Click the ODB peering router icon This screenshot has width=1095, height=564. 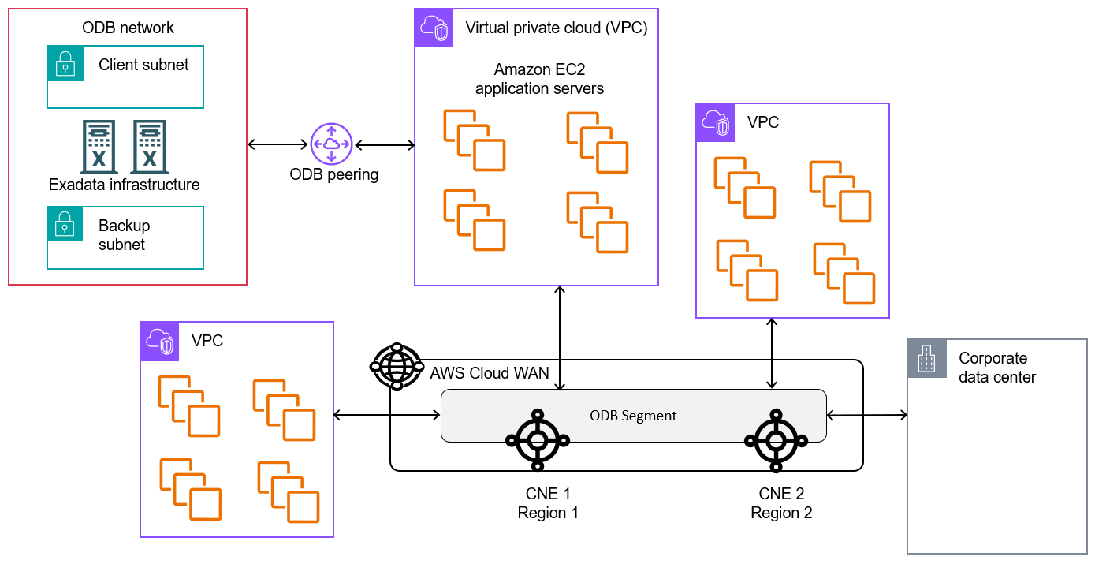(331, 144)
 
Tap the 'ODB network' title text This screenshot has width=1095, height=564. (128, 28)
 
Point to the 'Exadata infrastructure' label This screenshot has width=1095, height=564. (124, 185)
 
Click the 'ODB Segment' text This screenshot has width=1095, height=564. (633, 416)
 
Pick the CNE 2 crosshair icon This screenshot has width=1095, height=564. (776, 440)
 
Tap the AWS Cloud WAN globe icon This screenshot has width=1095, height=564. (396, 366)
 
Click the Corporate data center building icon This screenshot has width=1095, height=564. (926, 359)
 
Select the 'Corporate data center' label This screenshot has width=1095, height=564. (997, 368)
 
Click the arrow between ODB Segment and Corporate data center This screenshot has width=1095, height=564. (866, 415)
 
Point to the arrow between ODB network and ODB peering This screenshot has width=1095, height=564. (277, 144)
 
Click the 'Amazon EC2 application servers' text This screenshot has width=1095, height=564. (539, 79)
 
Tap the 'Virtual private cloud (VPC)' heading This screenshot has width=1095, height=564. (557, 28)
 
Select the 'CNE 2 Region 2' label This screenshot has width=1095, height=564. (780, 503)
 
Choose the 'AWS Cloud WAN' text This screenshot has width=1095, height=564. (490, 373)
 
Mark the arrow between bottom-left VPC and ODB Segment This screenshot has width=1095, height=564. (386, 415)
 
